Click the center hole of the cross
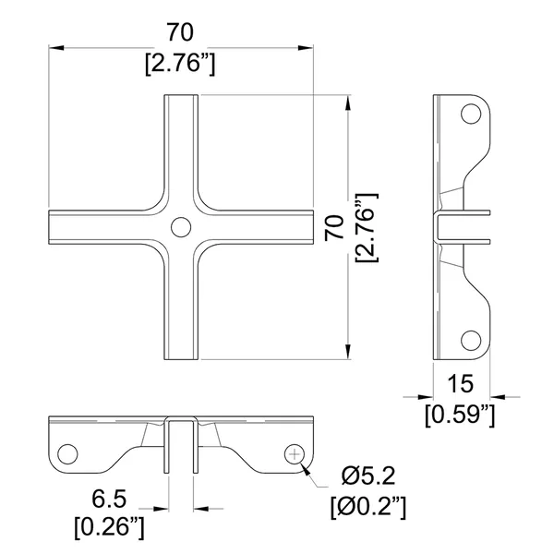click(x=181, y=227)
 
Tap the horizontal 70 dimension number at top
click(x=180, y=32)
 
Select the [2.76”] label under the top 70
click(x=180, y=64)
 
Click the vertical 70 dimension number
click(x=334, y=228)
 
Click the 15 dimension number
click(x=460, y=384)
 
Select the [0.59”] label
click(x=460, y=415)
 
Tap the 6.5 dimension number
click(x=109, y=499)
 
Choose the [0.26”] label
click(x=109, y=528)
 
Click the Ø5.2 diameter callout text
click(x=368, y=476)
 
